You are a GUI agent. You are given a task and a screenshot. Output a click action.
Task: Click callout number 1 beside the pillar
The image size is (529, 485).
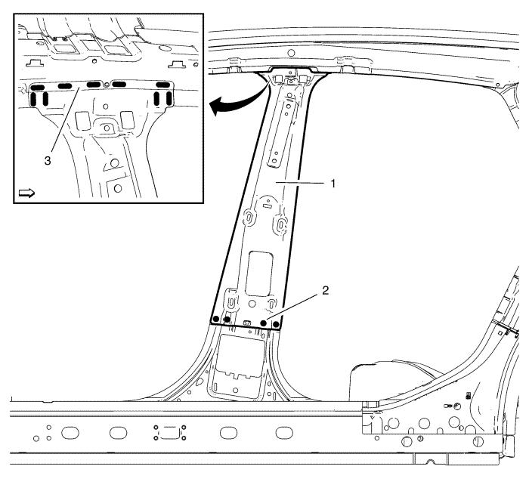[x=333, y=184]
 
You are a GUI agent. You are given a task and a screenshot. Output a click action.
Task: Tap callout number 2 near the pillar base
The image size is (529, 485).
[x=325, y=290]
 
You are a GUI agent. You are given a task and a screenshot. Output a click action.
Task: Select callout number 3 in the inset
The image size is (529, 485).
[x=48, y=161]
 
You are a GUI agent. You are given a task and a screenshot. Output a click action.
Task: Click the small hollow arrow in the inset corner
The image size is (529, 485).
[x=26, y=193]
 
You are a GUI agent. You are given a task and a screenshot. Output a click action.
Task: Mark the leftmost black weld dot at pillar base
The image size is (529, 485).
[x=215, y=318]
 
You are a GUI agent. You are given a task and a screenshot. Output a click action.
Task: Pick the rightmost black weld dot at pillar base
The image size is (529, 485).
[x=276, y=324]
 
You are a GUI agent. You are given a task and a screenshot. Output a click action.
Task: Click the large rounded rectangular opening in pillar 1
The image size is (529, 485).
[x=259, y=273]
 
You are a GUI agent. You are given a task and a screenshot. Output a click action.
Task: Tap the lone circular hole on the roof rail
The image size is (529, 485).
[x=292, y=53]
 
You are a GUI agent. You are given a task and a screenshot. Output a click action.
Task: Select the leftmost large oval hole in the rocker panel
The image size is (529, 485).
[x=70, y=433]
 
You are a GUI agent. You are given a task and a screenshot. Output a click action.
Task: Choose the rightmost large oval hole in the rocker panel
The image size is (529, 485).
[x=284, y=432]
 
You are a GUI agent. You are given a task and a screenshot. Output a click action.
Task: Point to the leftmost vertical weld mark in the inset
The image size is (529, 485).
[x=33, y=99]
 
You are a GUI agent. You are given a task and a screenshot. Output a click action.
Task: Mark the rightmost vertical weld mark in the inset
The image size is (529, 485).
[x=169, y=98]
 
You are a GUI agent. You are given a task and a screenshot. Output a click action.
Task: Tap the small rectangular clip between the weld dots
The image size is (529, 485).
[x=247, y=323]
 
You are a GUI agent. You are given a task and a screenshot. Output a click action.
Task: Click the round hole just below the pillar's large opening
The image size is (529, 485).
[x=252, y=304]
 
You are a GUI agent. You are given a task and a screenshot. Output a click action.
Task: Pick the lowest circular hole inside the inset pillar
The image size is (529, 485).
[x=118, y=188]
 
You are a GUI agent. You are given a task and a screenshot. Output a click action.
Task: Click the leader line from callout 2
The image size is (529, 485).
[x=292, y=306]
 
